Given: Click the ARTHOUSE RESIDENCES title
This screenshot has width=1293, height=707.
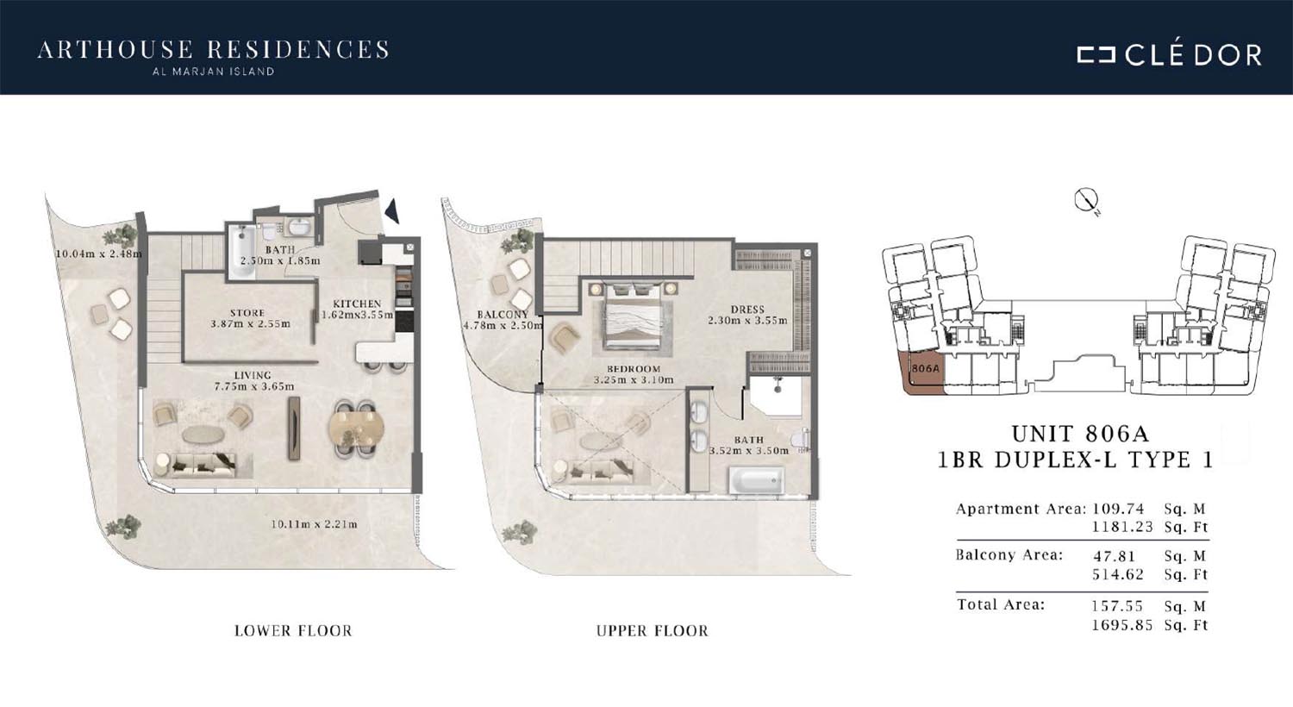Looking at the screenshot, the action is click(x=213, y=50).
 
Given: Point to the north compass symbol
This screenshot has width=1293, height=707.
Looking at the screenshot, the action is click(x=1086, y=201).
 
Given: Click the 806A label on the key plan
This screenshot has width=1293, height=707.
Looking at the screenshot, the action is click(x=925, y=368).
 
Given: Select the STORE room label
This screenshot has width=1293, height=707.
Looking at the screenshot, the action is click(x=247, y=313).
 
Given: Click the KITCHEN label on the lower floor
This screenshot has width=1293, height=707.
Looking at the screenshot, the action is click(x=357, y=303).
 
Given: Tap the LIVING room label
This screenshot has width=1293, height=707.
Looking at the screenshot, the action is click(x=253, y=375).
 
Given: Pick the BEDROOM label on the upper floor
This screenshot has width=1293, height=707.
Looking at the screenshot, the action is click(x=634, y=369).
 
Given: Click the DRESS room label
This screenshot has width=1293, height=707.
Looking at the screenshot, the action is click(x=747, y=310).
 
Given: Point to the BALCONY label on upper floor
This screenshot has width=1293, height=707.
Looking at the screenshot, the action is click(x=503, y=315).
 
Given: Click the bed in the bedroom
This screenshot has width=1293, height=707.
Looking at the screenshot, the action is click(x=632, y=316).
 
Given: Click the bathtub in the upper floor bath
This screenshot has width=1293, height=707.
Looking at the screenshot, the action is click(x=756, y=481).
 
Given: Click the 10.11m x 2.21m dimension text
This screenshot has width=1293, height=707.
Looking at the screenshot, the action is click(x=314, y=524).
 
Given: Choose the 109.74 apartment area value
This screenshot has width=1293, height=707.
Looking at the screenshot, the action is click(x=1119, y=509).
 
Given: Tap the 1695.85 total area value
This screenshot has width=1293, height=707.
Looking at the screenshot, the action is click(x=1121, y=625).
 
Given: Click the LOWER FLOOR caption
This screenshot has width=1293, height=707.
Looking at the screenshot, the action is click(x=293, y=631).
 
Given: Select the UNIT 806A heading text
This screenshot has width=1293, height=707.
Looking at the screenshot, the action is click(x=1081, y=434).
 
